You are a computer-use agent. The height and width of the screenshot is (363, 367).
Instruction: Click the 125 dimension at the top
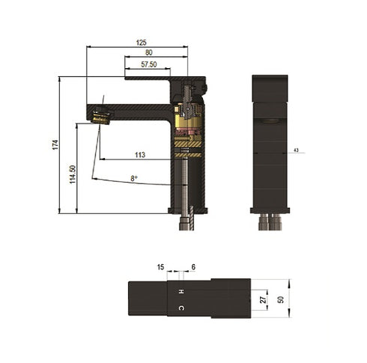point(141,43)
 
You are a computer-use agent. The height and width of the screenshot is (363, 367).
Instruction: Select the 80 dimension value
point(150,52)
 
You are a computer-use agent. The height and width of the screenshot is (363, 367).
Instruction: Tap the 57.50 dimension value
point(149,65)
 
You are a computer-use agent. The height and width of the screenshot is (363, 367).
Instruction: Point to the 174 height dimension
point(55,144)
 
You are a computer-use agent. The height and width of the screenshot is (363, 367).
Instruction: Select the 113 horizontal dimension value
point(140,155)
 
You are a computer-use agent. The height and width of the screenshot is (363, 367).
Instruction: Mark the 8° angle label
point(134,178)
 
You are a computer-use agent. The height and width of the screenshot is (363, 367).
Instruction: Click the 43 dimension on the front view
point(297,150)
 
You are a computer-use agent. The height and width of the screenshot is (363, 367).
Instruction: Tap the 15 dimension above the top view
point(160,267)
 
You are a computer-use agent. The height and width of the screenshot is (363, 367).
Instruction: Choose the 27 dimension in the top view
point(263,299)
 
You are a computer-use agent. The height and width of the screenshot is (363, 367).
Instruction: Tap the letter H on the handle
point(180,290)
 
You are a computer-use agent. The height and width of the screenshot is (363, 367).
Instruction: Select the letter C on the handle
point(180,308)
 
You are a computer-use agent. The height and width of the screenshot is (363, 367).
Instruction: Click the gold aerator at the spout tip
point(100,115)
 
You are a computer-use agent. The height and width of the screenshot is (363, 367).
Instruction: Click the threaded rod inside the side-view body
point(186,183)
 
